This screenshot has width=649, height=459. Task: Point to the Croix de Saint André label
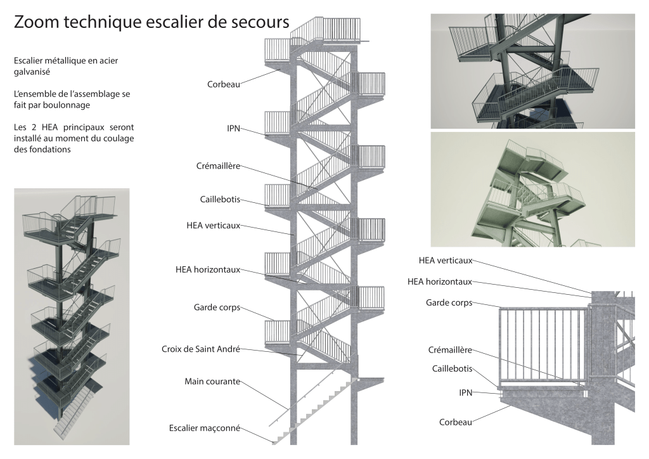click(x=201, y=349)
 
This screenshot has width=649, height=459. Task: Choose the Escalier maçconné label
click(x=205, y=427)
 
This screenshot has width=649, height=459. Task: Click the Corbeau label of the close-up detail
click(x=455, y=422)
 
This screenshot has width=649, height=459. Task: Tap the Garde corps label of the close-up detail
click(x=449, y=303)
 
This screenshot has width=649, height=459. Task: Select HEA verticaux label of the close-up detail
click(x=446, y=260)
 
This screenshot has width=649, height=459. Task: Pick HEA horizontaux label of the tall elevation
click(x=208, y=269)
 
